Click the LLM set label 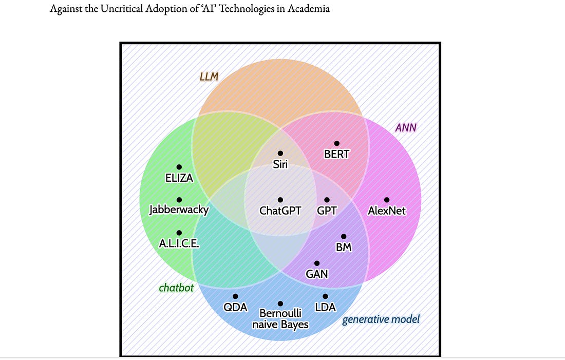pyautogui.click(x=209, y=77)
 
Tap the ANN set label pyautogui.click(x=406, y=127)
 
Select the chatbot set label pyautogui.click(x=176, y=288)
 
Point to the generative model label pyautogui.click(x=381, y=319)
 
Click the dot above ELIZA pyautogui.click(x=179, y=167)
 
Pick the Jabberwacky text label pyautogui.click(x=179, y=210)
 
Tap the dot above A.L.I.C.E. pyautogui.click(x=179, y=233)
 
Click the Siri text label pyautogui.click(x=280, y=164)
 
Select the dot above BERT pyautogui.click(x=337, y=143)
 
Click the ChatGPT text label pyautogui.click(x=280, y=210)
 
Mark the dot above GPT pyautogui.click(x=327, y=200)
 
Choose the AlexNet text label pyautogui.click(x=387, y=210)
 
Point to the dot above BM pyautogui.click(x=344, y=236)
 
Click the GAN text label pyautogui.click(x=317, y=274)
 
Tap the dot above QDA pyautogui.click(x=235, y=296)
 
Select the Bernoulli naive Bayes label pyautogui.click(x=280, y=318)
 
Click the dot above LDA pyautogui.click(x=325, y=296)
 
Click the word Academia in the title pyautogui.click(x=307, y=9)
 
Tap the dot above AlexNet pyautogui.click(x=387, y=200)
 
